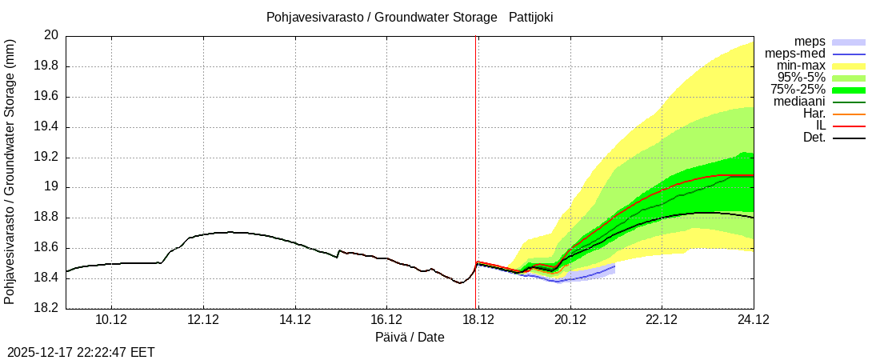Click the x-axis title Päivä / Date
(x=410, y=338)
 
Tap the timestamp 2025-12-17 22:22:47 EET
(x=81, y=352)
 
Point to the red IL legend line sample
(x=849, y=126)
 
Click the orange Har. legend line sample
(x=849, y=114)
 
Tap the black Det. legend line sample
(x=849, y=138)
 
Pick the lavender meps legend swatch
(x=849, y=42)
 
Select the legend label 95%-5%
(x=802, y=78)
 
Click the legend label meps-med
(x=795, y=54)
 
